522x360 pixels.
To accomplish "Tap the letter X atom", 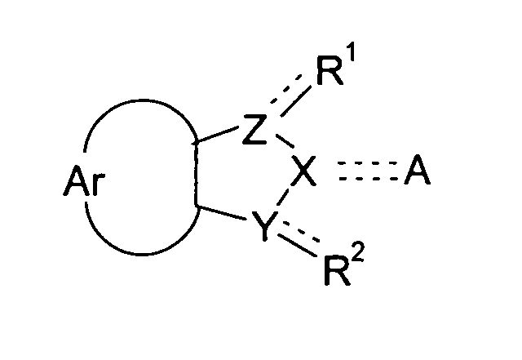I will [303, 172].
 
